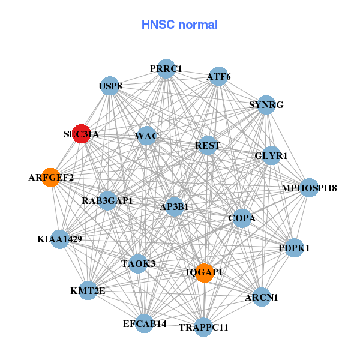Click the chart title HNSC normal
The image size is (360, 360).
[179, 25]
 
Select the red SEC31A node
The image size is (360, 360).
[82, 134]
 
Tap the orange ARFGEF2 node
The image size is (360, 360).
[51, 178]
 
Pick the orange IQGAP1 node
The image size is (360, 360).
[205, 272]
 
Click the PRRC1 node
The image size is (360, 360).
[166, 69]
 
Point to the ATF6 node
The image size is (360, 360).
[218, 76]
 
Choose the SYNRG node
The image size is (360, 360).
[266, 105]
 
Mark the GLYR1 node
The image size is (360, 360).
[271, 155]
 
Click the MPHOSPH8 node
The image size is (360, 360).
[309, 188]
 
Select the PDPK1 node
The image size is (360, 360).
[294, 248]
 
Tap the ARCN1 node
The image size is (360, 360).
[262, 296]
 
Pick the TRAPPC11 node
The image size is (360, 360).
[203, 327]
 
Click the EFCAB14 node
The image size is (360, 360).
[145, 324]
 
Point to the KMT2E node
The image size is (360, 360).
[88, 291]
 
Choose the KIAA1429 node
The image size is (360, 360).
[59, 239]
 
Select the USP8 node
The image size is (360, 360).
[110, 86]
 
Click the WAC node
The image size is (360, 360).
[146, 136]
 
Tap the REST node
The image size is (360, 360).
[208, 145]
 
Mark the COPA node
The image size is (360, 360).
[242, 218]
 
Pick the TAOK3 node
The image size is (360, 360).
[138, 263]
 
